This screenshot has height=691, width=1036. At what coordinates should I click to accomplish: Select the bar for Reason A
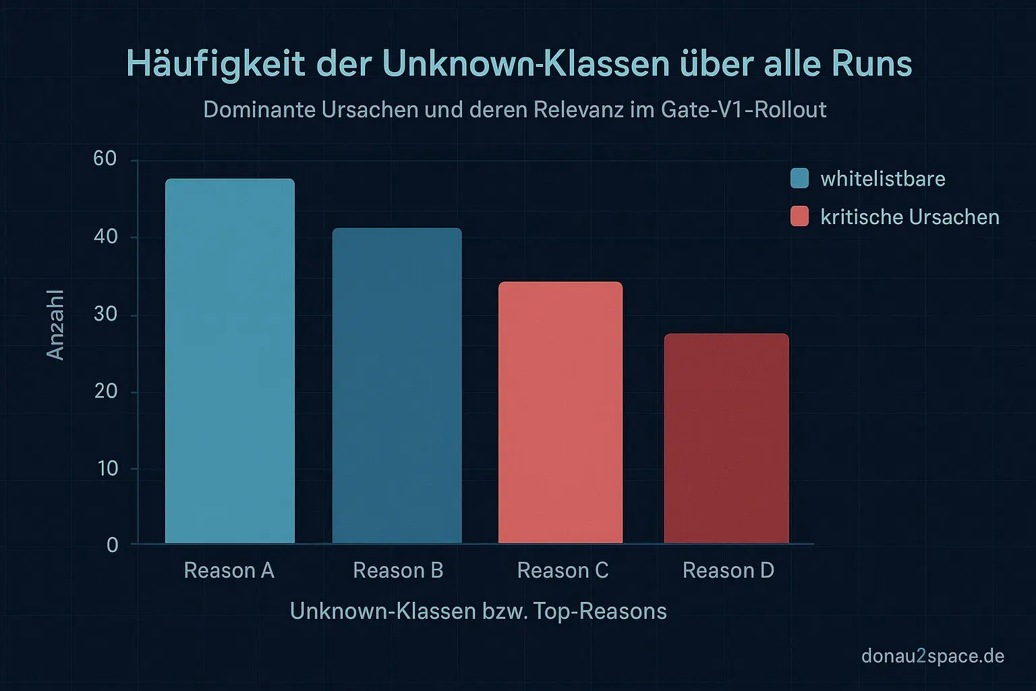230,361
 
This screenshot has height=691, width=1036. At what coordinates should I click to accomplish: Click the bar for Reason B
397,385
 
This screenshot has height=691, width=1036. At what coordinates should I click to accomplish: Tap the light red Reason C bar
560,412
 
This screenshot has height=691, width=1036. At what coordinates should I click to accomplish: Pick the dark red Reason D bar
726,438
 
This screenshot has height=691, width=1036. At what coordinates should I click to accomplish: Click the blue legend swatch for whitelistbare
799,178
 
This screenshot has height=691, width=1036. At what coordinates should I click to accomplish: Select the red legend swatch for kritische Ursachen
799,217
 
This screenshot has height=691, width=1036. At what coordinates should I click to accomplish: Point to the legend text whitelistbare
883,179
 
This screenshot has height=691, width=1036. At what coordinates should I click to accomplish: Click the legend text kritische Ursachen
910,217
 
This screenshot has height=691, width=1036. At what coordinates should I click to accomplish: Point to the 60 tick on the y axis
105,159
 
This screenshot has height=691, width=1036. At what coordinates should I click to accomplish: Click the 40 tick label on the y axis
105,237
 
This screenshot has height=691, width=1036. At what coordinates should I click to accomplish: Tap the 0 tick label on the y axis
113,545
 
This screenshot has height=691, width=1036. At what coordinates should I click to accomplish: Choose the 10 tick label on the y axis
107,468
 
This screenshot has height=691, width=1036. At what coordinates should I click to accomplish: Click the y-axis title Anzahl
55,325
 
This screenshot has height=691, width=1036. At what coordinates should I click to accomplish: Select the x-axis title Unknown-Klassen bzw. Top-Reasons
478,611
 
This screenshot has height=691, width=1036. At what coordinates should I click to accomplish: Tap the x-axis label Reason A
229,571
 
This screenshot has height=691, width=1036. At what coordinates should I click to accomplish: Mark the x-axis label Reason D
728,571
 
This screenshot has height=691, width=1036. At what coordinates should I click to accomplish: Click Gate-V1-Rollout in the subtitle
744,109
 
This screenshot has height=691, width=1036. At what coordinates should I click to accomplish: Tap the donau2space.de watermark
933,656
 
